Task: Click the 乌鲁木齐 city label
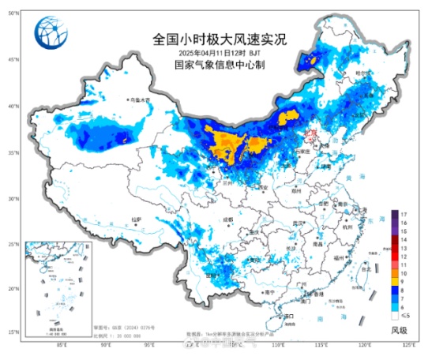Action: (140, 100)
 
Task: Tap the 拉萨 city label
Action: (135, 219)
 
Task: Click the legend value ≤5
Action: (403, 313)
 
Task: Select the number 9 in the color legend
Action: (403, 281)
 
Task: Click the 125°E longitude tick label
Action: (408, 345)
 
